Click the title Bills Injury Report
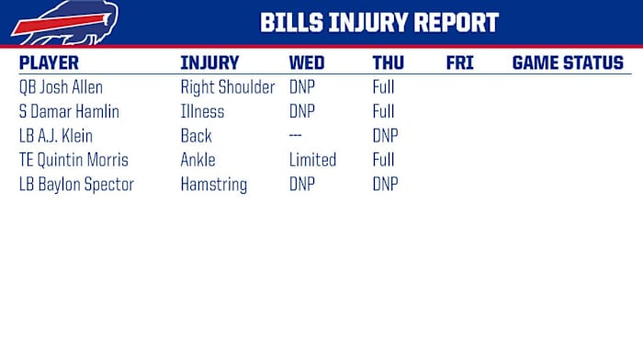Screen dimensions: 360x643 click(379, 23)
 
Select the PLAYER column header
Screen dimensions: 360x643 click(49, 63)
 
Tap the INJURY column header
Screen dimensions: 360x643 click(209, 63)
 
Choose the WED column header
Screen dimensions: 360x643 click(306, 63)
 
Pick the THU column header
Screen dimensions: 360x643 click(389, 63)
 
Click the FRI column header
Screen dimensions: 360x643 click(459, 63)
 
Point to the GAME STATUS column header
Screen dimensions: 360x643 click(567, 63)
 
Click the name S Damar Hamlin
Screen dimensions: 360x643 click(69, 112)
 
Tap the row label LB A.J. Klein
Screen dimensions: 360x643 click(57, 136)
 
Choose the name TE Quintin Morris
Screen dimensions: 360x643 click(73, 160)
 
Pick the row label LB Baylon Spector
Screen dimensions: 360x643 click(76, 184)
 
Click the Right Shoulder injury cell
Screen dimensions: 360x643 click(227, 88)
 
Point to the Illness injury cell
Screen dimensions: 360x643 click(202, 112)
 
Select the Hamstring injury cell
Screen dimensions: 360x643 click(213, 185)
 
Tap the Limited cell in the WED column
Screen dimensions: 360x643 click(312, 160)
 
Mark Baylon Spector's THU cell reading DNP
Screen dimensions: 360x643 click(385, 184)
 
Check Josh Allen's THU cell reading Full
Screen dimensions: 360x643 click(383, 88)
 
